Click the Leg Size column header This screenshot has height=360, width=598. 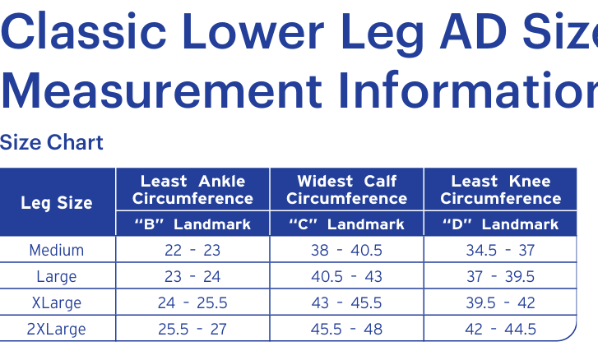pos(57,203)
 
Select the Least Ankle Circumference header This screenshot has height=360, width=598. pos(192,190)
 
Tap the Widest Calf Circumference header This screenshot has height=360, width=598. pos(346,190)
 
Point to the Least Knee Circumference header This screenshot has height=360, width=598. pos(501,190)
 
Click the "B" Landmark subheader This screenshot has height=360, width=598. pos(192,224)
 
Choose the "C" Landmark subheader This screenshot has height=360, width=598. pos(346,224)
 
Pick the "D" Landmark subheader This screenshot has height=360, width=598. pos(501,224)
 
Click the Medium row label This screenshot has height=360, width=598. pos(57,251)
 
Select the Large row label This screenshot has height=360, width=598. pos(57,276)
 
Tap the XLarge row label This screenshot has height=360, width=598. pos(57,302)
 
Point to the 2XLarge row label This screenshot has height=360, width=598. pos(57,329)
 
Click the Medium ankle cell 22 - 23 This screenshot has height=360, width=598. pos(192,251)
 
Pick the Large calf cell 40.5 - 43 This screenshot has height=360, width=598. pos(346,276)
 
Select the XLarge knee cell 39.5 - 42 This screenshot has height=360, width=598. pos(501,302)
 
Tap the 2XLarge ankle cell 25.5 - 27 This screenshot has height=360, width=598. pos(192,329)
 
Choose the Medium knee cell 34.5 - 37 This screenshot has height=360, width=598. pos(501,251)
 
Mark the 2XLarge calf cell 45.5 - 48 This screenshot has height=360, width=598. pos(346,329)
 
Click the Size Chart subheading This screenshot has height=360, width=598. pos(52,142)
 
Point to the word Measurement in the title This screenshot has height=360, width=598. pos(162,90)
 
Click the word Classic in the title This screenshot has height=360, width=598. pos(84,31)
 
